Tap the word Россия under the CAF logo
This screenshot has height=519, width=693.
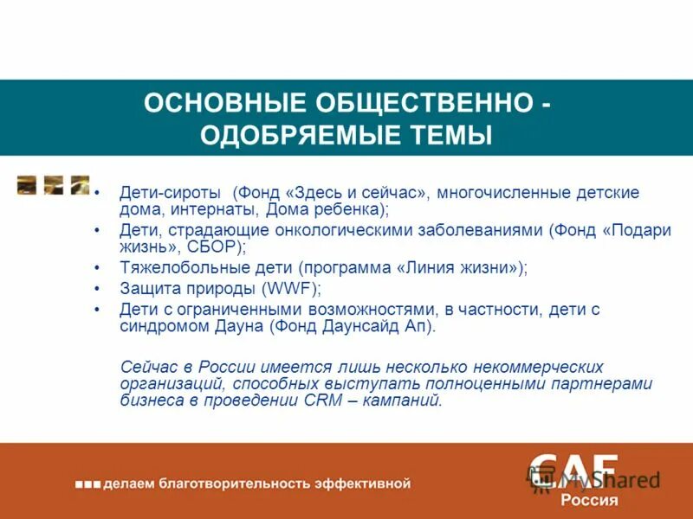[x=589, y=500]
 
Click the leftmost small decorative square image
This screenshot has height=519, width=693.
[x=27, y=184]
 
